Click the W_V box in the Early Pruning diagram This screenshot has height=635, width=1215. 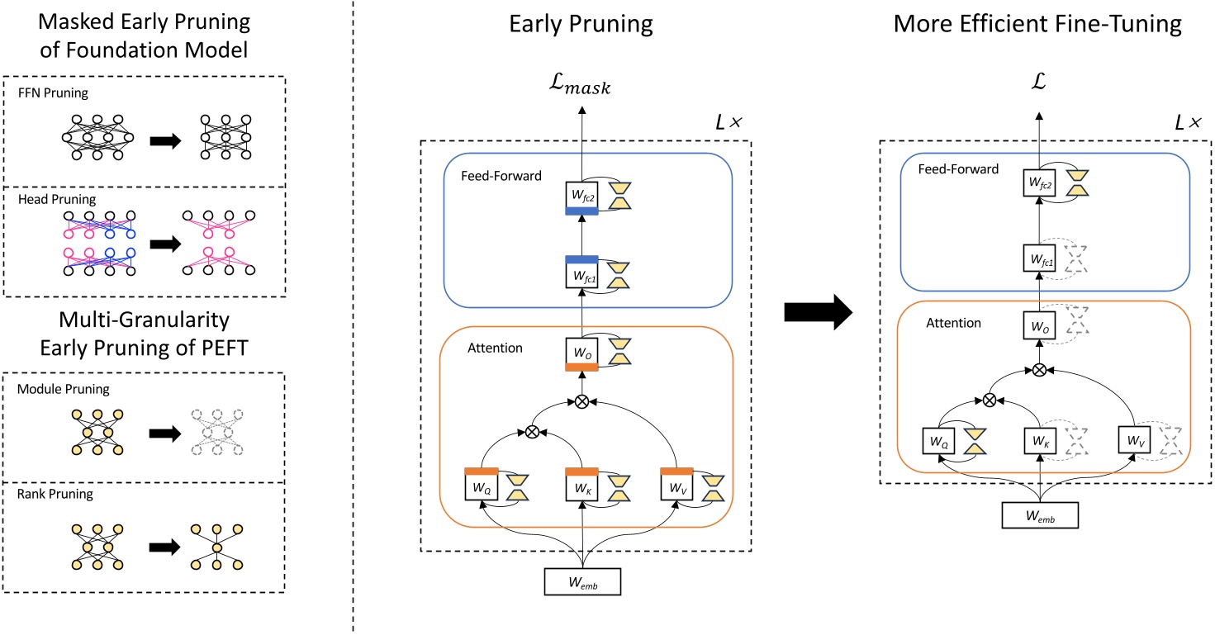pos(676,486)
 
